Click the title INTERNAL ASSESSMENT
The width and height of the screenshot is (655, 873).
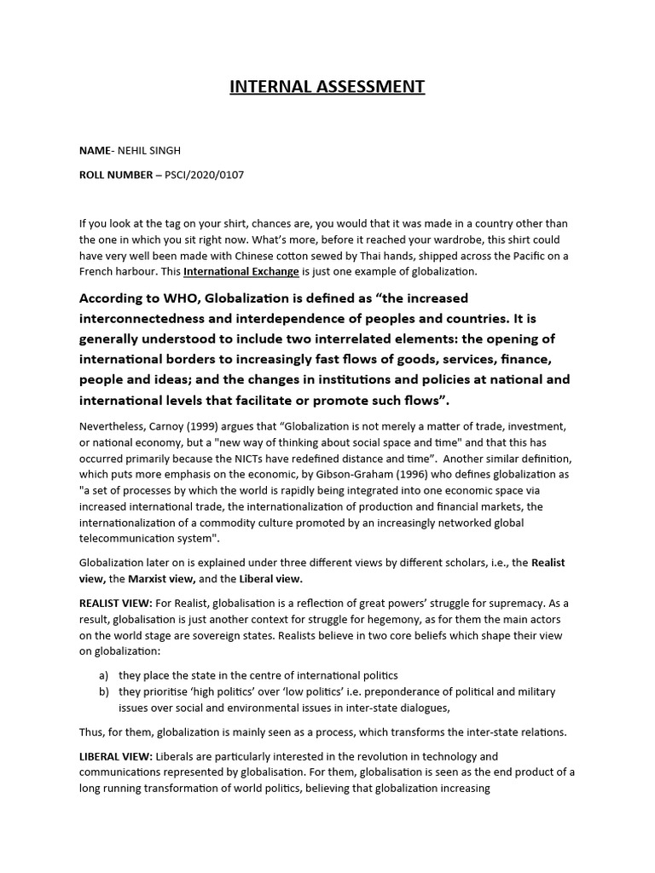327,86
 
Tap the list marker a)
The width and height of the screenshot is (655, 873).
104,674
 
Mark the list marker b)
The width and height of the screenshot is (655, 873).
104,691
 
